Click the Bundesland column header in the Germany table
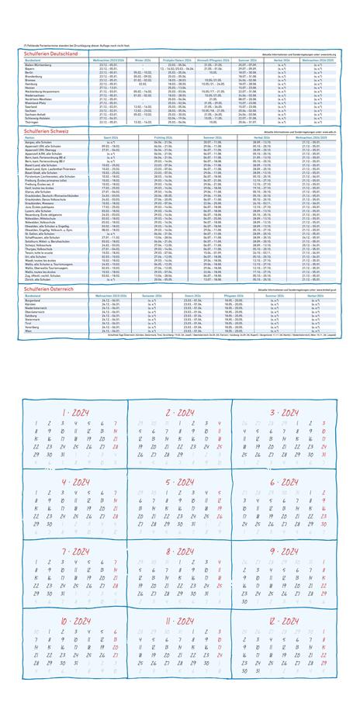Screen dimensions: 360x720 tap(33, 60)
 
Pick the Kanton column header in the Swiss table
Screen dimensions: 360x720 tap(30, 137)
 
